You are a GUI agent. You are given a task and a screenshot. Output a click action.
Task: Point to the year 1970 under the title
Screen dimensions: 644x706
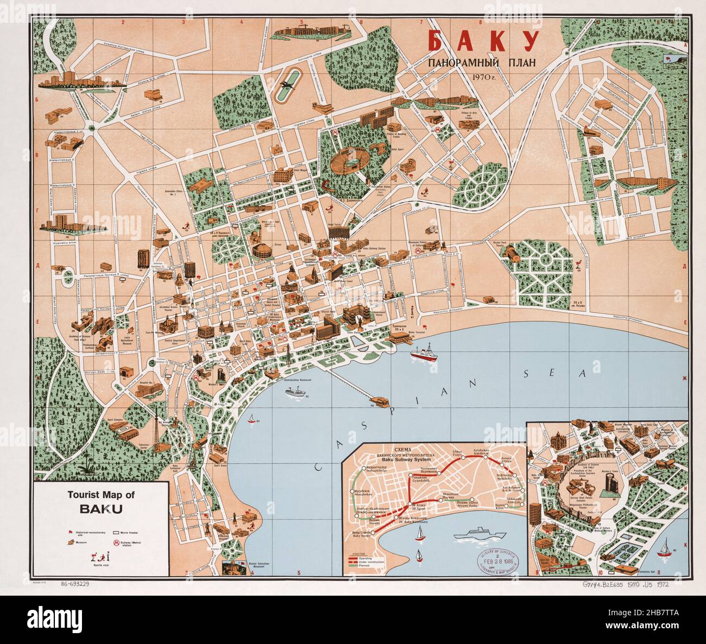[482, 77]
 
